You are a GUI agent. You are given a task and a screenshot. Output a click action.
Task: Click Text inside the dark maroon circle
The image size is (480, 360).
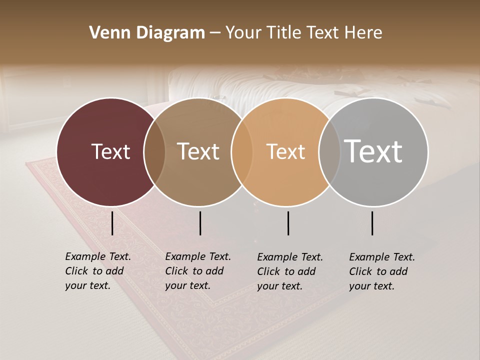click(x=110, y=151)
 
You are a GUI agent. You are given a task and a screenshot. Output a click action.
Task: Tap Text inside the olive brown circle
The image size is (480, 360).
click(x=198, y=151)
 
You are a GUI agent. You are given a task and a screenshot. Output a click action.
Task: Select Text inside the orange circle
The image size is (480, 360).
click(x=285, y=151)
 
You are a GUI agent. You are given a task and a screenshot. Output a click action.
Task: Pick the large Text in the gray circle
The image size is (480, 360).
click(x=373, y=151)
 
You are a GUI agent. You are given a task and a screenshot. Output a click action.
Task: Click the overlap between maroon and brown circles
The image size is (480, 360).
click(x=154, y=152)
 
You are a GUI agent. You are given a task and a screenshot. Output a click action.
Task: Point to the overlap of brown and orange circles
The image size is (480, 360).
click(x=241, y=152)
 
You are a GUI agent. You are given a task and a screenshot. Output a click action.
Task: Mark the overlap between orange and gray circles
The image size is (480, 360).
click(x=329, y=152)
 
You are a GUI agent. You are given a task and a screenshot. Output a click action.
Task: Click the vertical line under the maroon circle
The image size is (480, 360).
click(x=112, y=223)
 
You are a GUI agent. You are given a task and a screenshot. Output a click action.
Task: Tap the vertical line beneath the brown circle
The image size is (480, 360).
click(x=200, y=223)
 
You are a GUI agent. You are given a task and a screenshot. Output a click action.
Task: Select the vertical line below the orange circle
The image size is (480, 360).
click(x=288, y=223)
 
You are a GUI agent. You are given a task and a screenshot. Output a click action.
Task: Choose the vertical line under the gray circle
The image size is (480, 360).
click(x=372, y=223)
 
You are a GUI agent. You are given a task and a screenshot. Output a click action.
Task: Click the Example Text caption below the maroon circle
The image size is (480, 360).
click(x=97, y=271)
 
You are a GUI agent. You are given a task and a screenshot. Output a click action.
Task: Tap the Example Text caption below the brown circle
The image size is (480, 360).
click(x=197, y=271)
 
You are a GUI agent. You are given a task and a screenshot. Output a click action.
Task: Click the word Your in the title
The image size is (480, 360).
click(x=243, y=33)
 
